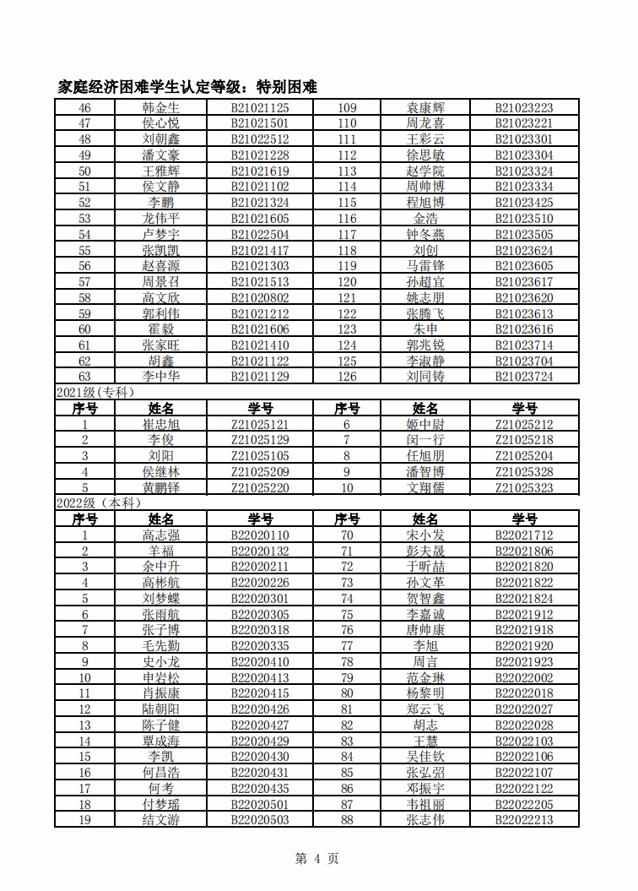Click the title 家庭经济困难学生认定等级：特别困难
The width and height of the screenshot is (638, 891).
click(x=187, y=86)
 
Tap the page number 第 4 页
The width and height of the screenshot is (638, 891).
click(x=317, y=859)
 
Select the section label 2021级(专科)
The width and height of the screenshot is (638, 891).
click(x=95, y=392)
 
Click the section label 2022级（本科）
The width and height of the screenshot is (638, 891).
click(x=98, y=503)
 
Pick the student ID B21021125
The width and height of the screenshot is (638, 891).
click(x=260, y=108)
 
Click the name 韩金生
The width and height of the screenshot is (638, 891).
click(x=160, y=108)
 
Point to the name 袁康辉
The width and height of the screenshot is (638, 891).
click(x=425, y=108)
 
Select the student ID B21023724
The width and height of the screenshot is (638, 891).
click(x=524, y=377)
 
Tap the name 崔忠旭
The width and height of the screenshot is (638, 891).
click(x=160, y=425)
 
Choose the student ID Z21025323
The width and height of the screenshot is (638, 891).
click(x=524, y=488)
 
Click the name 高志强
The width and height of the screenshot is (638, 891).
click(x=160, y=535)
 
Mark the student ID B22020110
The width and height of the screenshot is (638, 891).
click(x=260, y=535)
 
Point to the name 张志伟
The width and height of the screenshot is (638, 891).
click(x=425, y=820)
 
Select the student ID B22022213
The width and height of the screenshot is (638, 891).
click(x=524, y=820)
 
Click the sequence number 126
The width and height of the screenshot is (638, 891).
click(x=347, y=377)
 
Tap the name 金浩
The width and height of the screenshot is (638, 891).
click(x=425, y=219)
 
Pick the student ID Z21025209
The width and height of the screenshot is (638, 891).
click(x=260, y=472)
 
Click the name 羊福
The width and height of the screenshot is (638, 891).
click(x=160, y=551)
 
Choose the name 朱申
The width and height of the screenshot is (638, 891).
click(x=425, y=329)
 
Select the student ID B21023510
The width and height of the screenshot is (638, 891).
click(x=524, y=219)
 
